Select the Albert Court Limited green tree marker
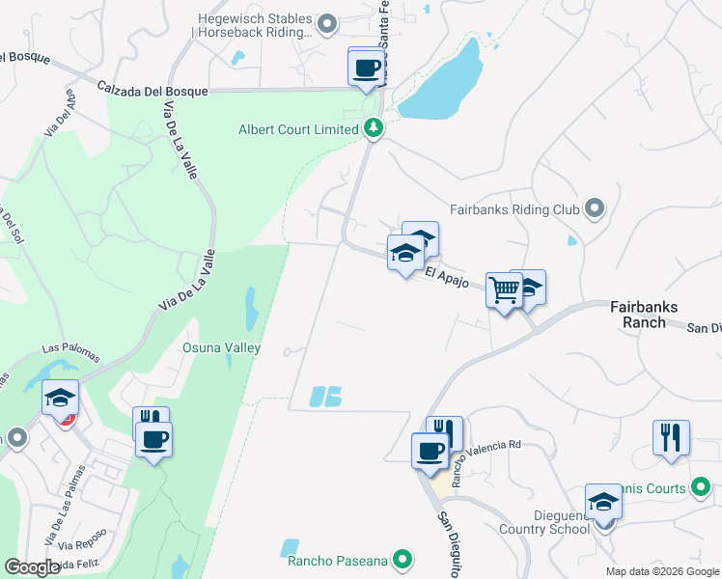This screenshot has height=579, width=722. coord(373,129)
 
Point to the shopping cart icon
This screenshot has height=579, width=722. coord(504,289)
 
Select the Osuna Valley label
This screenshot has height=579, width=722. coord(222,347)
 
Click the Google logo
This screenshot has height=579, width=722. coord(32,567)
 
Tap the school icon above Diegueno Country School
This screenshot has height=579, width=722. coord(603,502)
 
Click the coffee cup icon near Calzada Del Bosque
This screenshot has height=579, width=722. coord(365,69)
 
